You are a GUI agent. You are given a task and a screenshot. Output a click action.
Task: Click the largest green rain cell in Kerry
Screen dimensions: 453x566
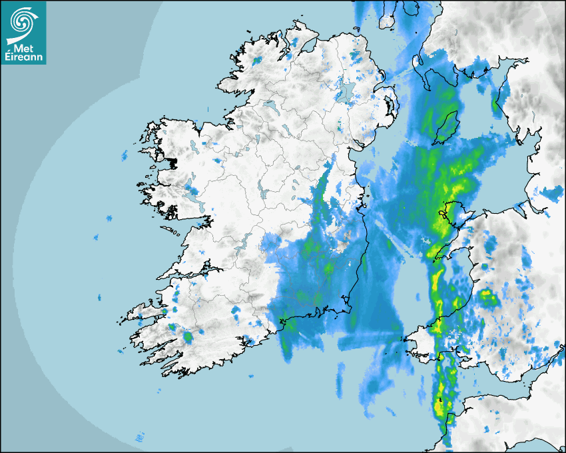[188, 337]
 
